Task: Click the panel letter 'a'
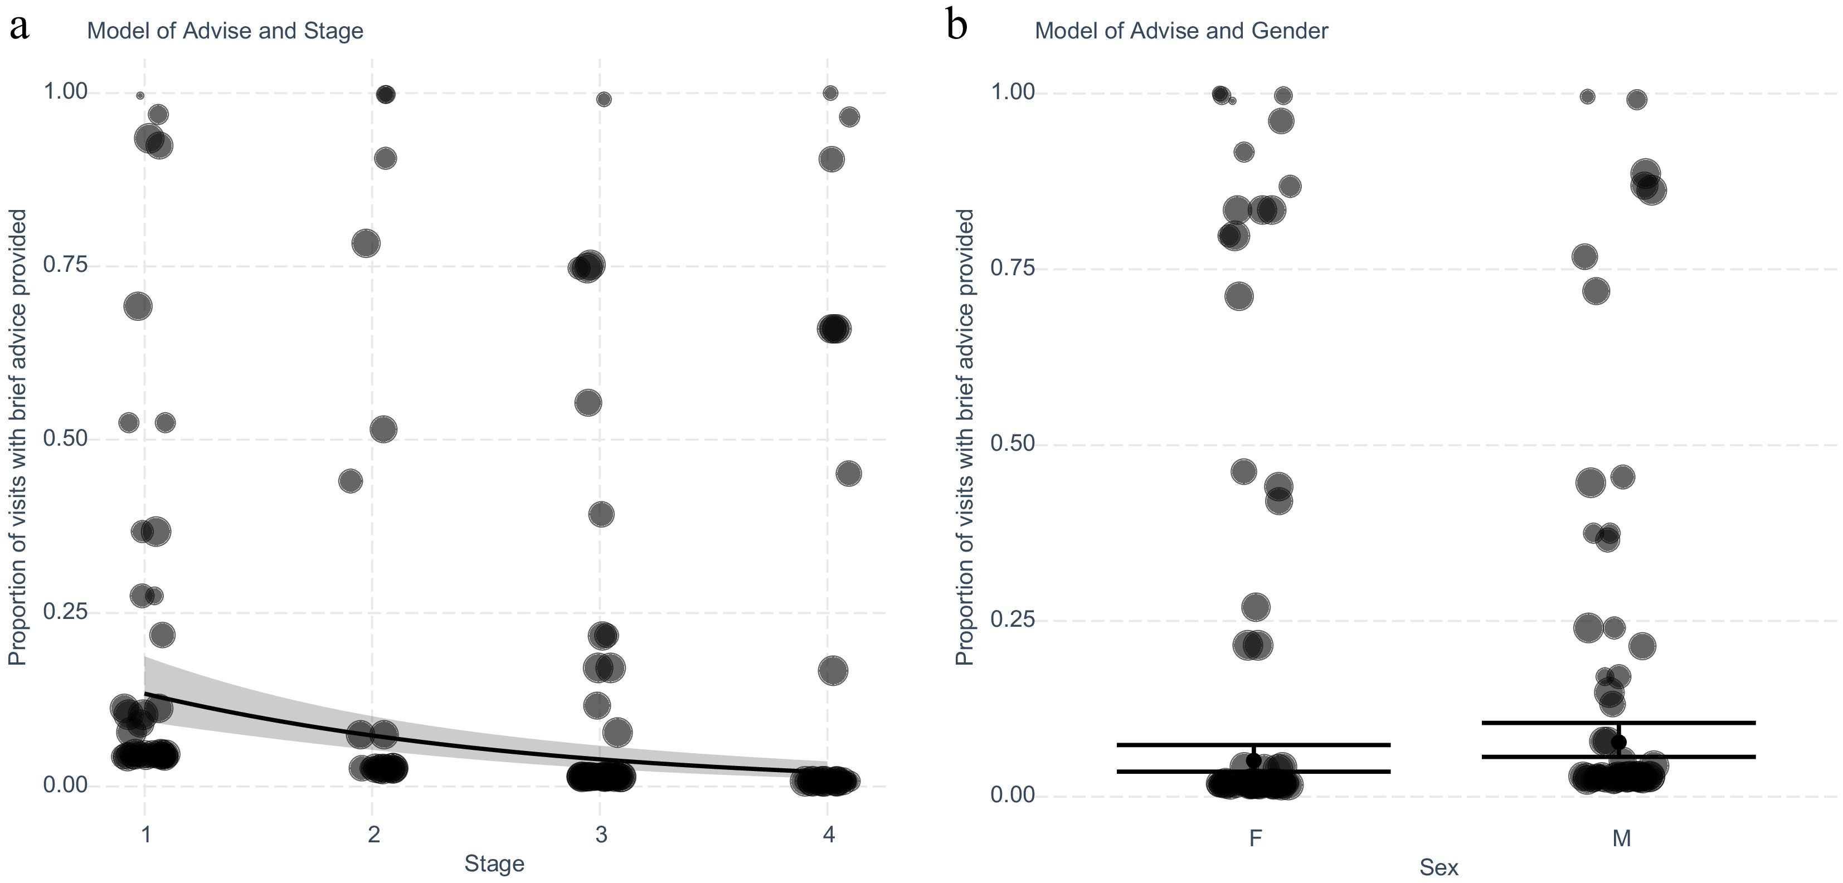pyautogui.click(x=20, y=28)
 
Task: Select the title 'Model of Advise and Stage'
pyautogui.click(x=225, y=31)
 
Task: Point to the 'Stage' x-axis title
pyautogui.click(x=494, y=864)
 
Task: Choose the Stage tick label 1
pyautogui.click(x=145, y=835)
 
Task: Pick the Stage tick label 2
pyautogui.click(x=373, y=835)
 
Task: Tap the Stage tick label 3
pyautogui.click(x=600, y=835)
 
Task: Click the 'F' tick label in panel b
pyautogui.click(x=1255, y=838)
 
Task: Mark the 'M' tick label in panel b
pyautogui.click(x=1621, y=838)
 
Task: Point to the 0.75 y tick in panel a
pyautogui.click(x=65, y=265)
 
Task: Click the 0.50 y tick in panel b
pyautogui.click(x=1013, y=443)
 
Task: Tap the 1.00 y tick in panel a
pyautogui.click(x=65, y=91)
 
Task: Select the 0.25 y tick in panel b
pyautogui.click(x=1013, y=619)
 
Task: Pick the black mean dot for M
pyautogui.click(x=1619, y=742)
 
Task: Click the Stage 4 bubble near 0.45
pyautogui.click(x=849, y=474)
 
